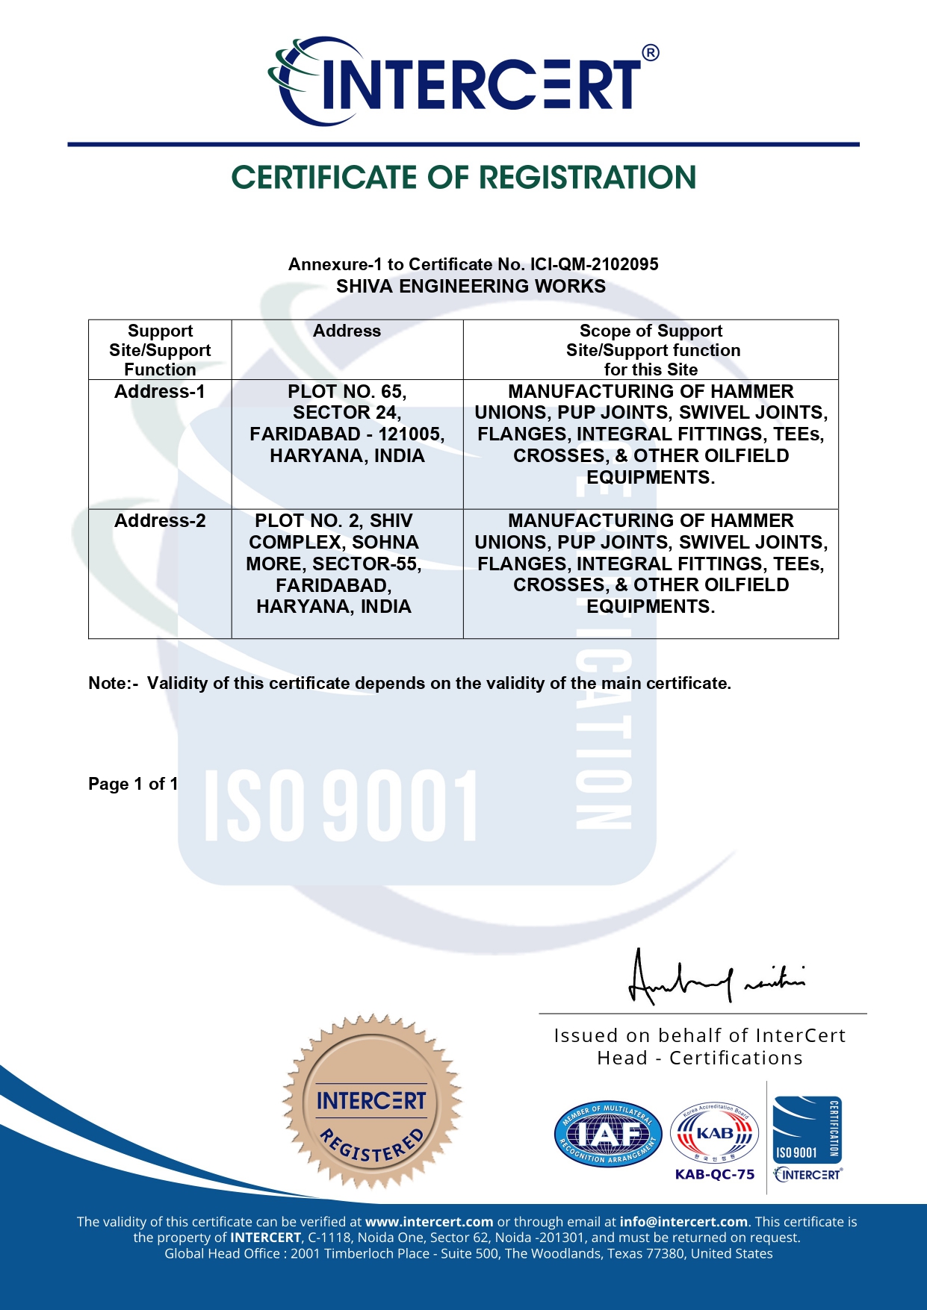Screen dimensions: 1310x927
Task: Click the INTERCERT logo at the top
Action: point(456,81)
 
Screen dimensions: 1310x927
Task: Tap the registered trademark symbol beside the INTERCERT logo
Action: point(650,53)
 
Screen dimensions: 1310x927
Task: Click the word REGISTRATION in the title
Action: point(587,178)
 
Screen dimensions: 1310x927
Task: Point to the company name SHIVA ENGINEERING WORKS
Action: point(471,287)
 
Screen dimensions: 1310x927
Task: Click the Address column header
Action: point(347,331)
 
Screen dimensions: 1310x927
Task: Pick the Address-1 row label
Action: point(159,392)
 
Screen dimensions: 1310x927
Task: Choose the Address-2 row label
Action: point(160,521)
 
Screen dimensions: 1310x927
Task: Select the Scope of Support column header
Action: point(651,349)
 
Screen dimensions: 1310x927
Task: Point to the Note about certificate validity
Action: point(409,684)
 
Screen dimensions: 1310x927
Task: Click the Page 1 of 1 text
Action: point(133,784)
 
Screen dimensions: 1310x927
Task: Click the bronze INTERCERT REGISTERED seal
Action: point(371,1102)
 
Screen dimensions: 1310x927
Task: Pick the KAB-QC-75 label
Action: point(715,1174)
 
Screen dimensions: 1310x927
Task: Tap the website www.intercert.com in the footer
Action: point(429,1222)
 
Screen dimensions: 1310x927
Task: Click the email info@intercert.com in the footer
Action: point(683,1222)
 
